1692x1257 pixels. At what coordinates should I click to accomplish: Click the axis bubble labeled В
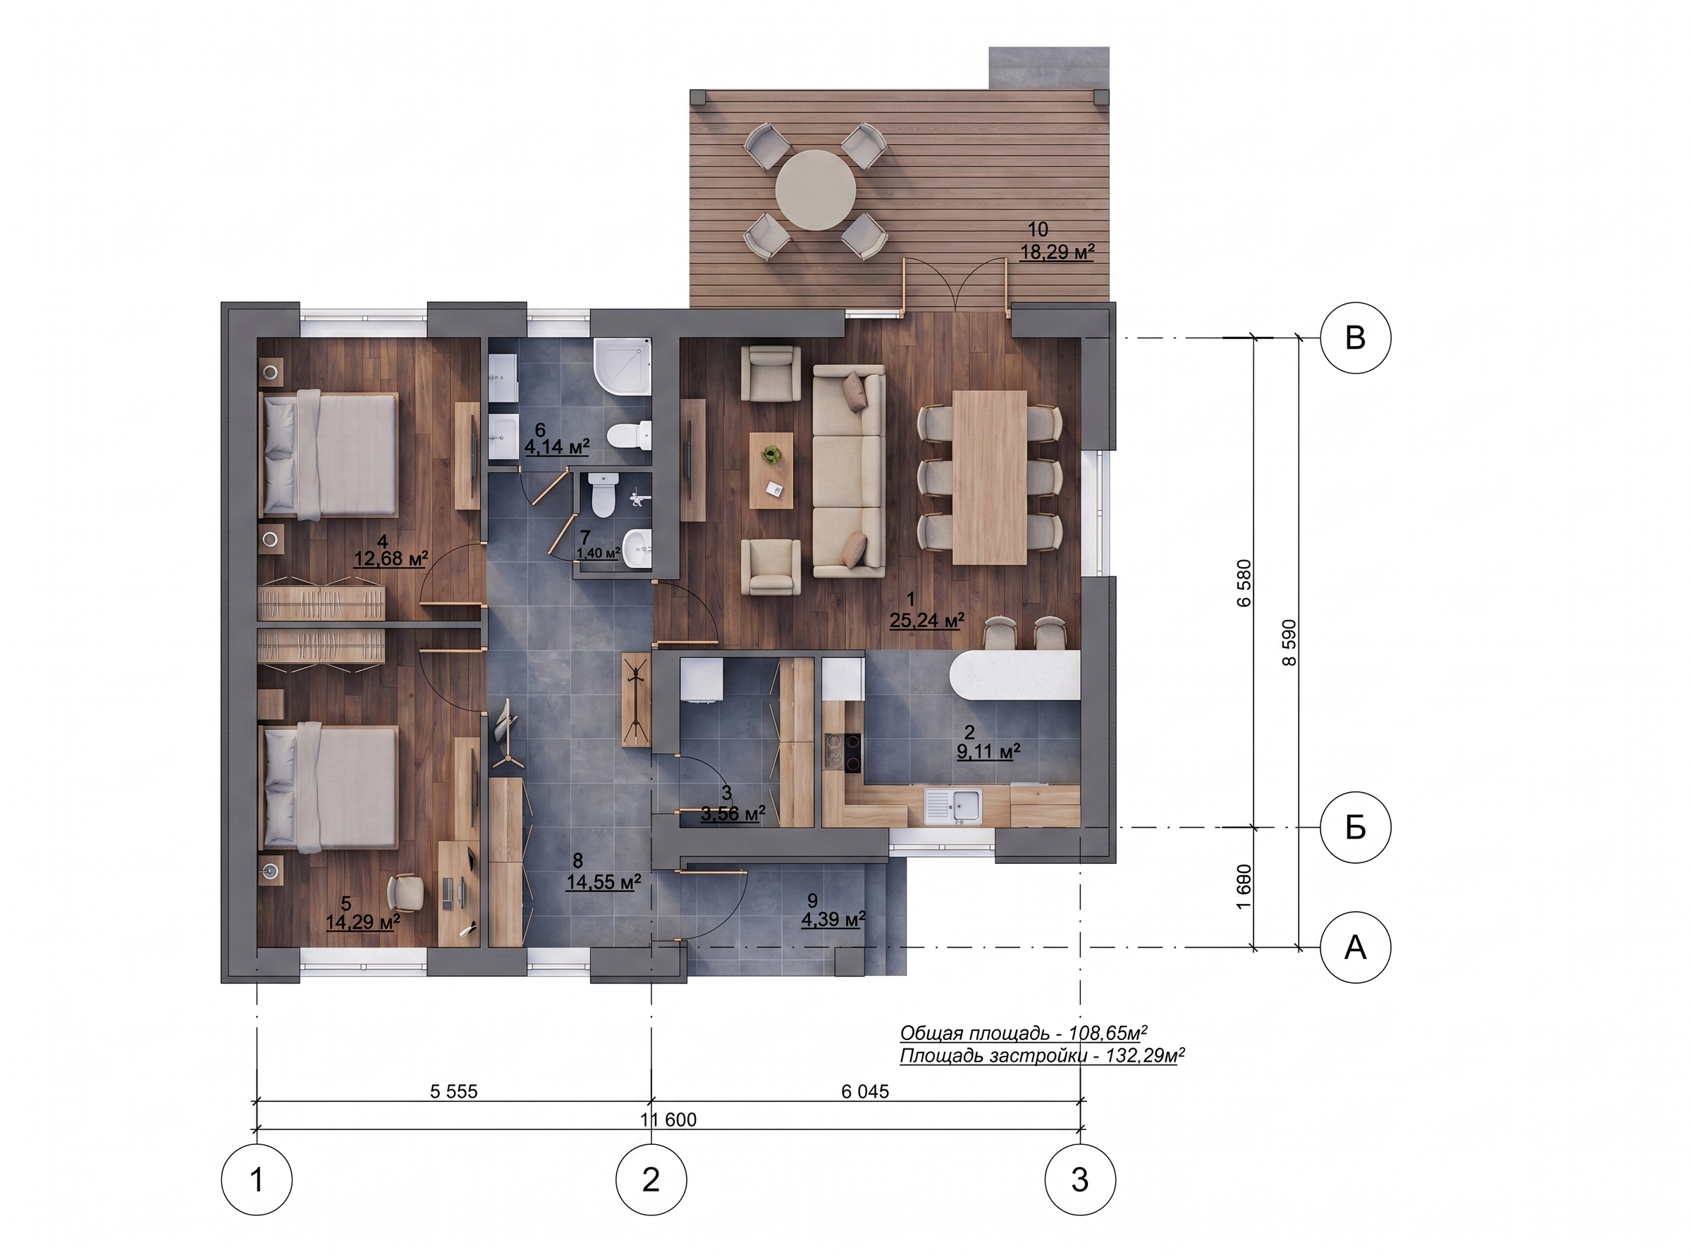tap(1355, 338)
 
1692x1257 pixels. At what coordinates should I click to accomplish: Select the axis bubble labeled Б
tap(1355, 827)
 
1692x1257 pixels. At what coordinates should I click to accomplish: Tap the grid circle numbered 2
tap(651, 1180)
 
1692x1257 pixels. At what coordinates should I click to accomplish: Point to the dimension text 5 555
tap(453, 1092)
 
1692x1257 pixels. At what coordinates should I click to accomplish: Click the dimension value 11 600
tap(668, 1120)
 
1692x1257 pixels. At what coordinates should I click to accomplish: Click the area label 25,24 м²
tap(927, 621)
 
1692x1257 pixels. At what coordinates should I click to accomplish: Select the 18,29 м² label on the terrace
tap(1057, 252)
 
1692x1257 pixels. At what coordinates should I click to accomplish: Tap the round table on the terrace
tap(816, 190)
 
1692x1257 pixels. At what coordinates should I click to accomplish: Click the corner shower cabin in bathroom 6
tap(623, 367)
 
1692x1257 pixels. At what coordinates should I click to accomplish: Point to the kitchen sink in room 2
tap(954, 806)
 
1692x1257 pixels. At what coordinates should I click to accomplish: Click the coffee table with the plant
tap(771, 470)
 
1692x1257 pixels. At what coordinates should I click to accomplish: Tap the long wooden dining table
tap(990, 477)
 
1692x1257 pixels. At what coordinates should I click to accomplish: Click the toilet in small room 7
tap(603, 495)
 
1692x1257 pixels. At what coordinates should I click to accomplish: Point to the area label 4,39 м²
tap(833, 920)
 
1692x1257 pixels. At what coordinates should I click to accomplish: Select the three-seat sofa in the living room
tap(849, 470)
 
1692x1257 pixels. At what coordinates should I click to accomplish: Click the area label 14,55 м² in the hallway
tap(603, 882)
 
